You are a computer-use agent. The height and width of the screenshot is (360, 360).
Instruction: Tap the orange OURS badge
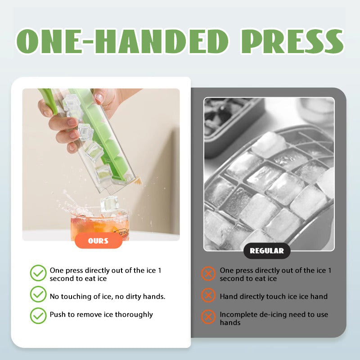pos(98,241)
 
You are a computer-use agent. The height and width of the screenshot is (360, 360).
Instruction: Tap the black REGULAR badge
pos(267,251)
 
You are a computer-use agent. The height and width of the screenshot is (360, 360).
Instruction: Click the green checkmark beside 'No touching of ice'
pos(38,295)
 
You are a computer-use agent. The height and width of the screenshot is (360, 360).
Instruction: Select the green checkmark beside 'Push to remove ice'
pos(38,315)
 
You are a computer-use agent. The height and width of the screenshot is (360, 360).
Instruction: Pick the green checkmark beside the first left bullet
pos(38,273)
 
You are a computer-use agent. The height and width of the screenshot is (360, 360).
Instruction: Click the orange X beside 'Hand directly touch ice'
pos(208,296)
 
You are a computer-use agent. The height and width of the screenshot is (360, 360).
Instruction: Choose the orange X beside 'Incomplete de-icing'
pos(208,317)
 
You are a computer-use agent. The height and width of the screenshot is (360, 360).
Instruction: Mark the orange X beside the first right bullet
pos(208,273)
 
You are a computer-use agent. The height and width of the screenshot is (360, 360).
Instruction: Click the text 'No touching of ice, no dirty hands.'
pos(108,297)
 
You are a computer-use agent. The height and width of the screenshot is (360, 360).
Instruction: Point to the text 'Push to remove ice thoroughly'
pos(101,315)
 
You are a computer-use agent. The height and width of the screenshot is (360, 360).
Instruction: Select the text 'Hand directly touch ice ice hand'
pos(274,297)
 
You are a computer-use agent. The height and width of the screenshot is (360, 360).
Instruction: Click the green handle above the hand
pos(47,99)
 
